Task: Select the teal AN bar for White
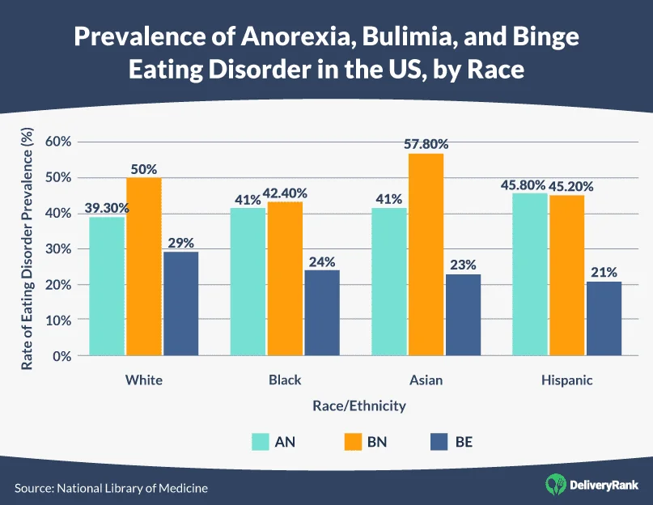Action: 107,286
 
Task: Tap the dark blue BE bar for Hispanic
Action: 604,319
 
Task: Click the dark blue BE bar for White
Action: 180,303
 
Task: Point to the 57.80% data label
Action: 426,144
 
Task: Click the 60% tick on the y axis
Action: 59,142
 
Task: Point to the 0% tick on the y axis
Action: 63,356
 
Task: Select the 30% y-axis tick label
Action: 59,249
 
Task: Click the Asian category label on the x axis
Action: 427,380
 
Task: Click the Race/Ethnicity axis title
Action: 356,405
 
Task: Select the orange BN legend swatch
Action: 353,442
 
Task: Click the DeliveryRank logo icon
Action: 556,485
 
